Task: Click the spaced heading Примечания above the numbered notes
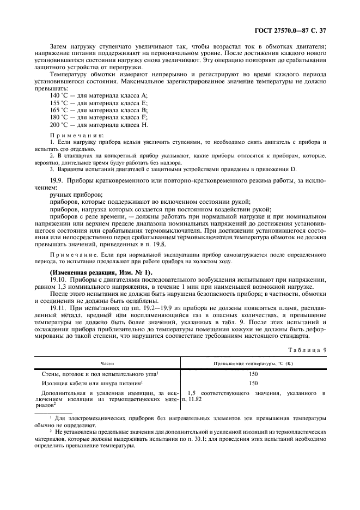(x=71, y=135)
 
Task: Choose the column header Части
(x=107, y=362)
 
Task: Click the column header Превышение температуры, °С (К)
(x=253, y=362)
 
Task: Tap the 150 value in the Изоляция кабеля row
(x=253, y=383)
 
